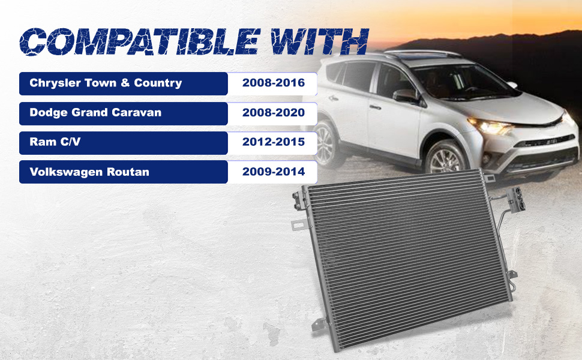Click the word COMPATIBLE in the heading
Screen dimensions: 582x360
tap(139, 41)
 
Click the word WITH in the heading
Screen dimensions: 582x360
tap(319, 41)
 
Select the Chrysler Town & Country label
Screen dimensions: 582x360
tap(106, 83)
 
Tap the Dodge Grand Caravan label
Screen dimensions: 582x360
tap(95, 112)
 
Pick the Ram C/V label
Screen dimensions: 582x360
tap(55, 142)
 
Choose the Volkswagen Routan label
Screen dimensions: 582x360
tap(89, 172)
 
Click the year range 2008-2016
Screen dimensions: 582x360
tap(274, 82)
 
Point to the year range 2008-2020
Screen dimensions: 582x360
tap(274, 112)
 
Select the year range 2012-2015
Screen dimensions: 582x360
tap(274, 142)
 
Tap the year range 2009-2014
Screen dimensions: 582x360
tap(274, 172)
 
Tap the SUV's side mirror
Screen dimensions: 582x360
tap(406, 96)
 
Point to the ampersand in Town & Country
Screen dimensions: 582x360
tap(125, 83)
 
